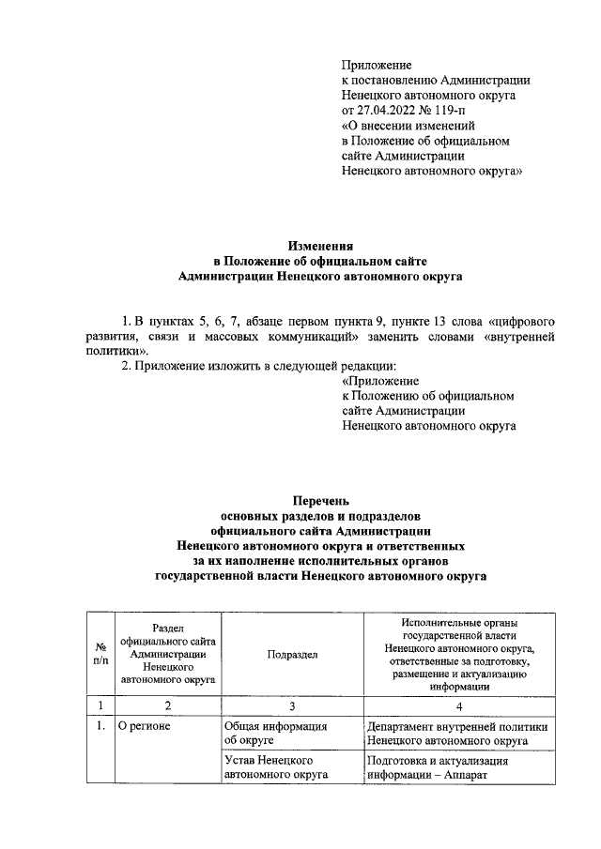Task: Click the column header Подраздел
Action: point(291,654)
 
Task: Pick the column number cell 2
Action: point(166,705)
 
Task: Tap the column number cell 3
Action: point(291,705)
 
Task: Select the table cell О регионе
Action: point(142,725)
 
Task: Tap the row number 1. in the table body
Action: point(99,725)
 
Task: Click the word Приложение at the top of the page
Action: point(377,65)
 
